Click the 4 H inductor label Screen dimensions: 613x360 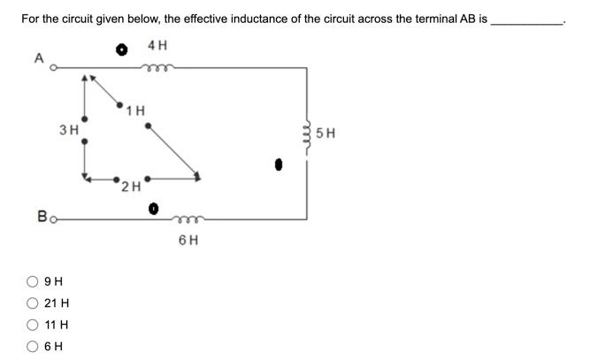(x=157, y=45)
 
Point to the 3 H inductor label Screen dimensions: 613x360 (x=68, y=129)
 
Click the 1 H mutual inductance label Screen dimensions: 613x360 (x=135, y=111)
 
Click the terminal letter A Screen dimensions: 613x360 (x=38, y=58)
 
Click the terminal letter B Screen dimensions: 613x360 (x=42, y=215)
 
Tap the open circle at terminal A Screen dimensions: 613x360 (x=53, y=67)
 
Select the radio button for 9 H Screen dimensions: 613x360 (x=33, y=282)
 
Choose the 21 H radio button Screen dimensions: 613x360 (x=33, y=303)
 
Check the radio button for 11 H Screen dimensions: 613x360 (x=33, y=325)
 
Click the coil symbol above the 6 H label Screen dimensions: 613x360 (x=188, y=218)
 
